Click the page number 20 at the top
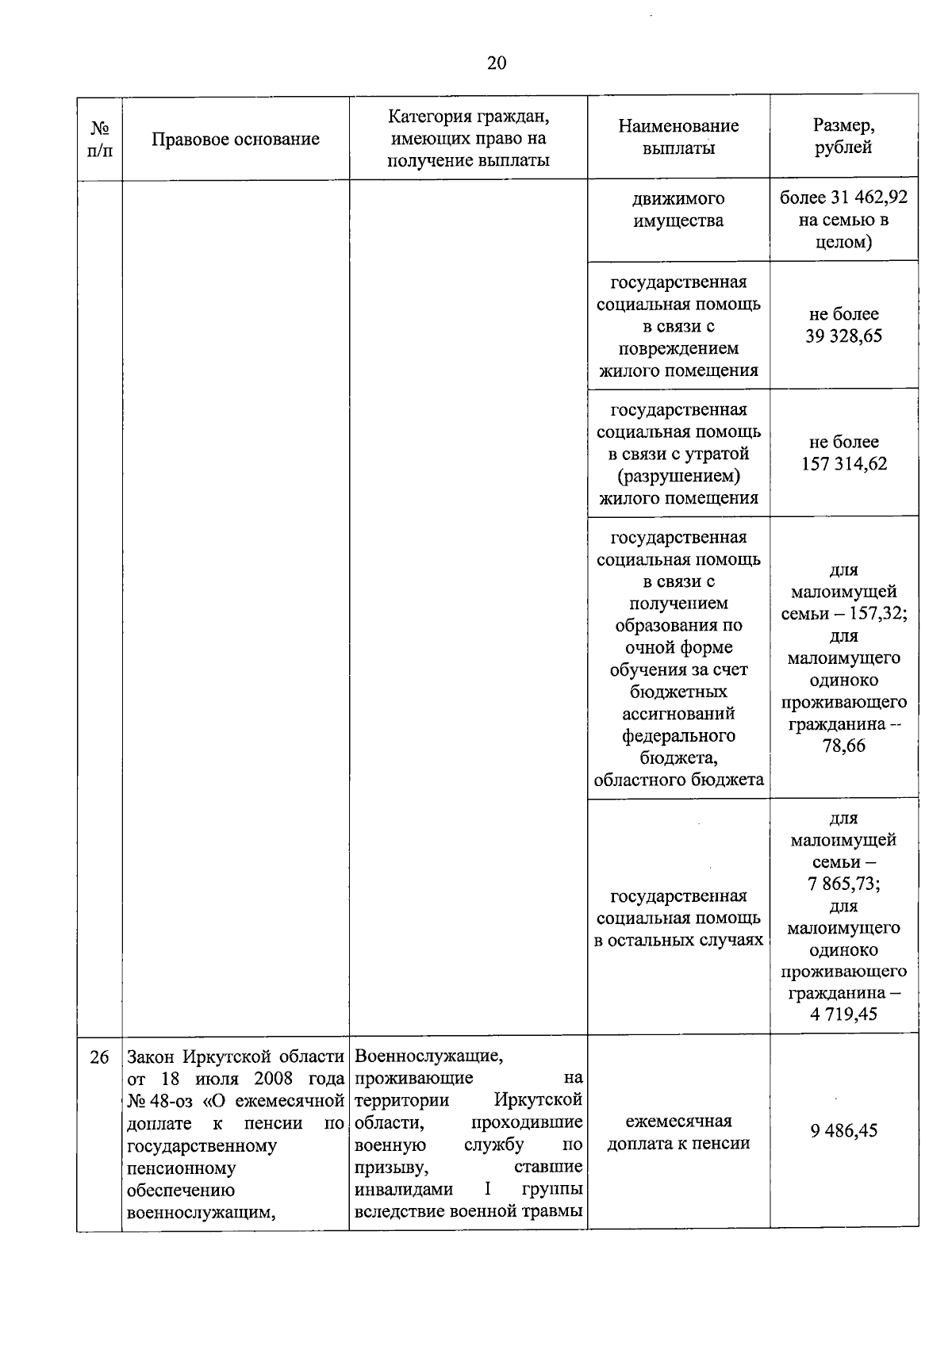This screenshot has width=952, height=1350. (497, 63)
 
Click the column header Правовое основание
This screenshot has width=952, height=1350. (236, 139)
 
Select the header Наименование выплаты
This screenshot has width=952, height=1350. (678, 136)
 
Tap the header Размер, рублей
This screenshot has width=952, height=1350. (843, 136)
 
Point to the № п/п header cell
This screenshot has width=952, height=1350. (99, 139)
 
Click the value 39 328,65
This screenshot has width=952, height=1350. (843, 336)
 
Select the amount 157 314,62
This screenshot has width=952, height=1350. (843, 464)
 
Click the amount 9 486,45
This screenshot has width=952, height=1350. (843, 1130)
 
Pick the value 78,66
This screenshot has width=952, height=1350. (843, 746)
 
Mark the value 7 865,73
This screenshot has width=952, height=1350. (843, 884)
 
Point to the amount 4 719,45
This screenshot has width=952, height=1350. (843, 1014)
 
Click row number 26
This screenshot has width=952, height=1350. (99, 1057)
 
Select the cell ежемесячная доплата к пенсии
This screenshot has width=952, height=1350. (678, 1132)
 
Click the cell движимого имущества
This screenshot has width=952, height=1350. (678, 209)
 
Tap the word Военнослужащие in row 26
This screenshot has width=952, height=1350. (428, 1057)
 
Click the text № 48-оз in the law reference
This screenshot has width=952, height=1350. (159, 1101)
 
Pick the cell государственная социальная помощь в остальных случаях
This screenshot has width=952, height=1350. (678, 918)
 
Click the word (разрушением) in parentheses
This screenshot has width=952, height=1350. (678, 476)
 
